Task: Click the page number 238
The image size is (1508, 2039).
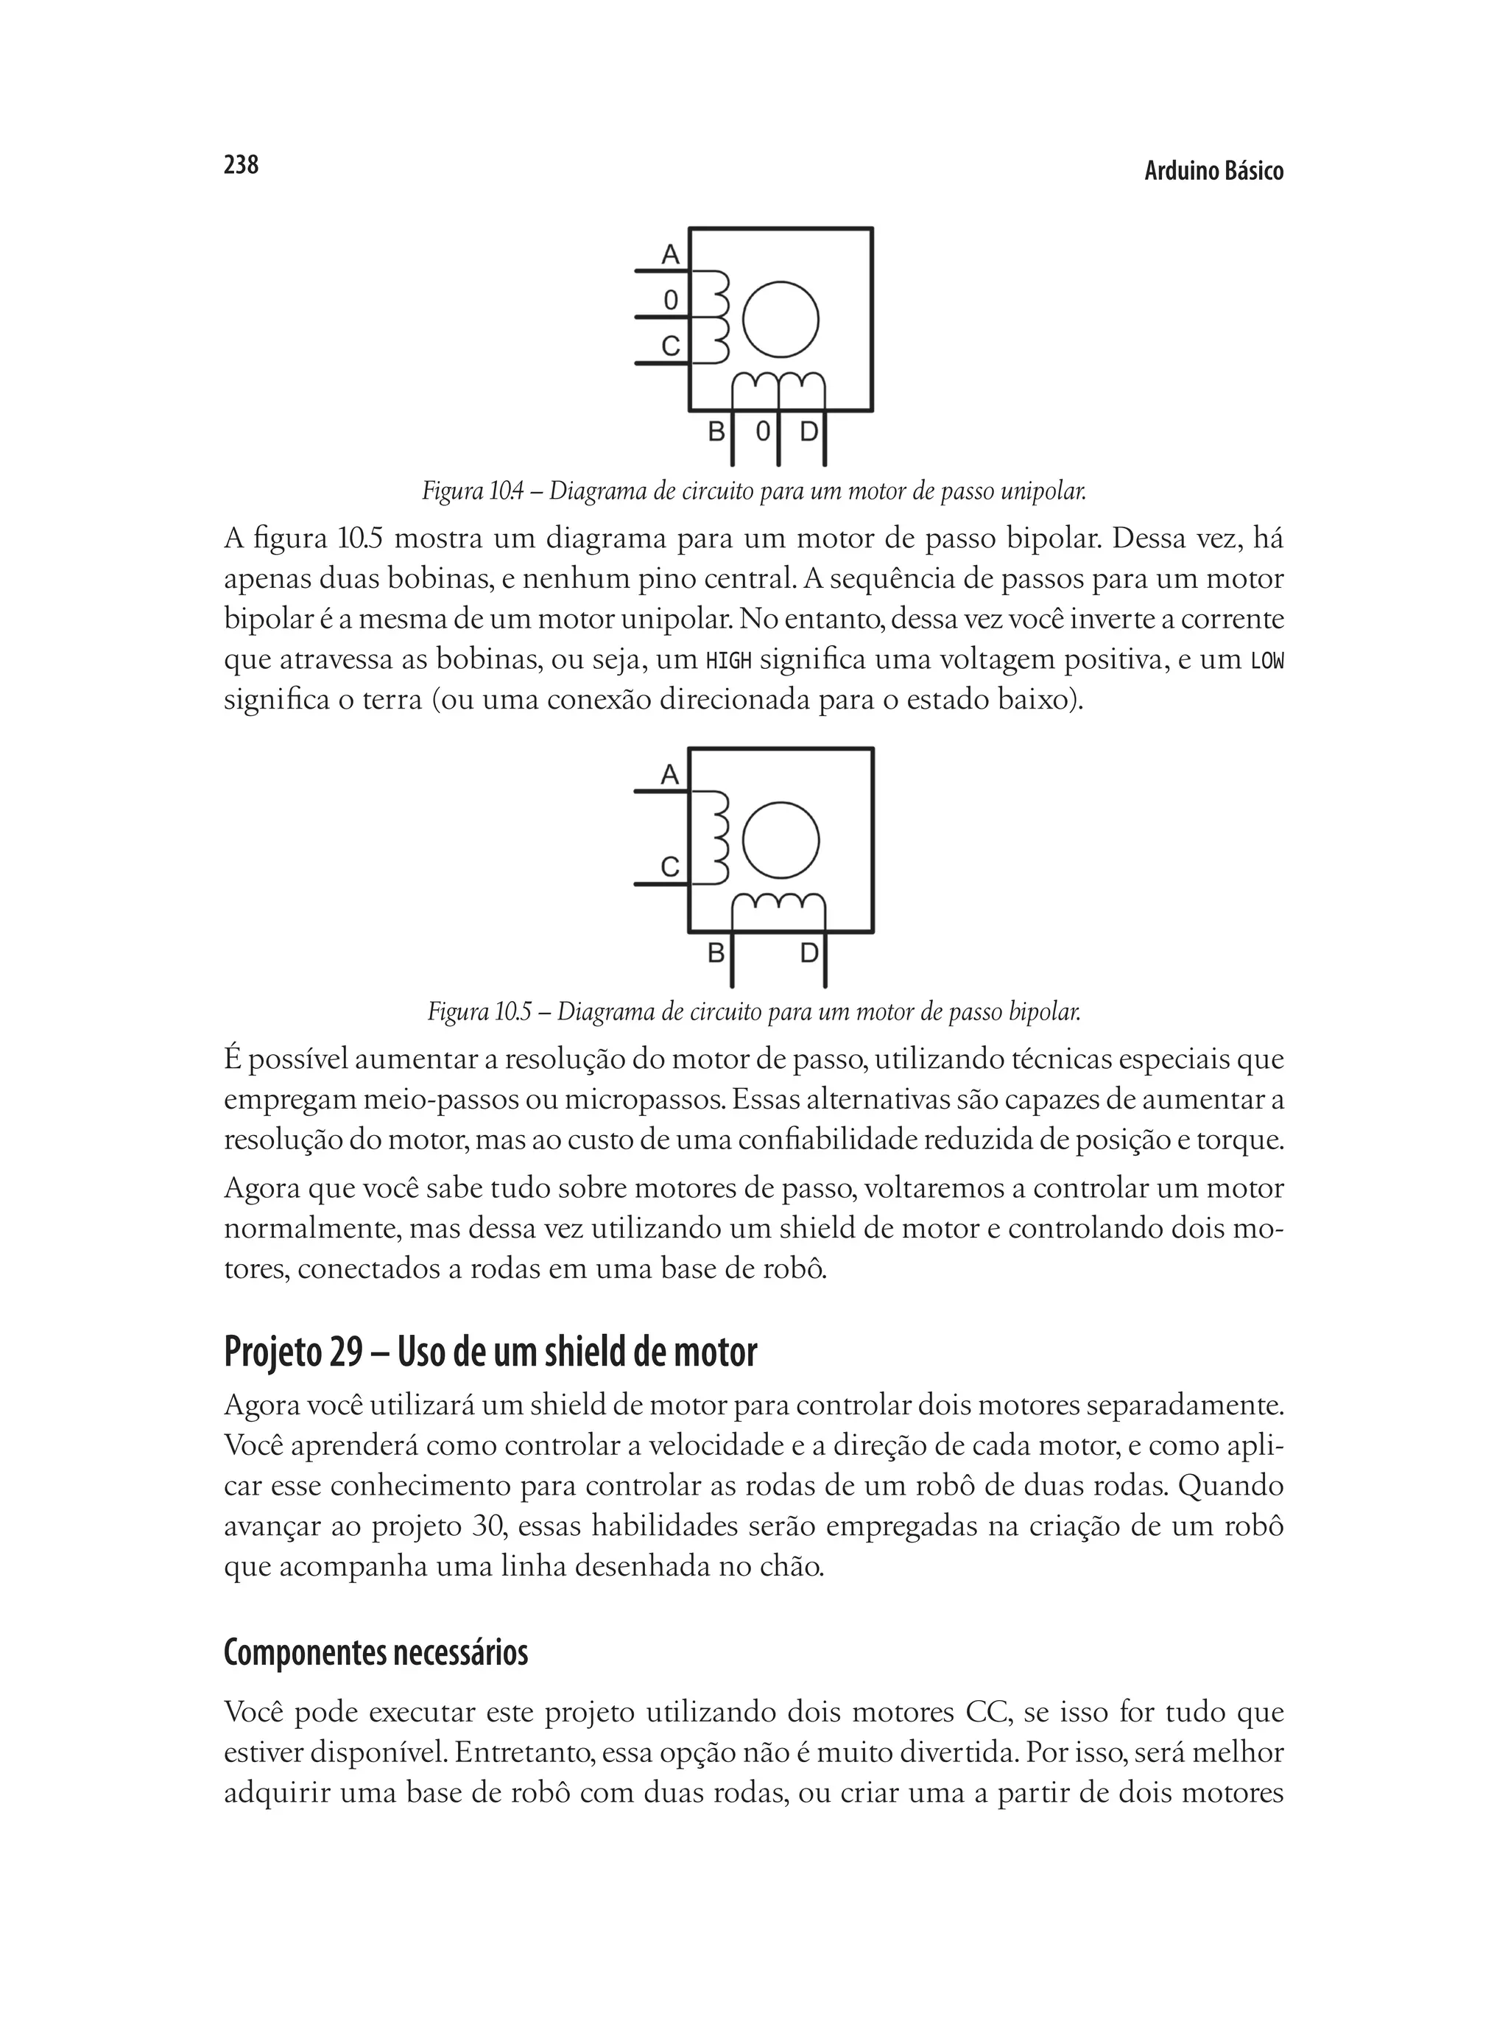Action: pyautogui.click(x=241, y=164)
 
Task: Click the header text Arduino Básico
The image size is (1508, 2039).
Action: pyautogui.click(x=1213, y=171)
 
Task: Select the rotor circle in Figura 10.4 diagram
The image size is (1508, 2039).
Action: pyautogui.click(x=781, y=319)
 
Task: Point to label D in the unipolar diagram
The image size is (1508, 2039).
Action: pyautogui.click(x=808, y=431)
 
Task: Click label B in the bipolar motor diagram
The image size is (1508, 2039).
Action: pyautogui.click(x=716, y=953)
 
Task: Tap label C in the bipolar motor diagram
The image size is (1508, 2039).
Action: pyautogui.click(x=670, y=866)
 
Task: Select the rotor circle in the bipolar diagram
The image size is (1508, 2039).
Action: pyautogui.click(x=781, y=840)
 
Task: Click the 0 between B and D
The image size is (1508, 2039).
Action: pyautogui.click(x=763, y=431)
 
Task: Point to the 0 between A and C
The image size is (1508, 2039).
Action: pyautogui.click(x=671, y=300)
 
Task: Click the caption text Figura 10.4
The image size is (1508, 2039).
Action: pyautogui.click(x=473, y=491)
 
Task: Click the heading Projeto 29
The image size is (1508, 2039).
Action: pyautogui.click(x=293, y=1352)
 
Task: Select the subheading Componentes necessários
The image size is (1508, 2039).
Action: pyautogui.click(x=376, y=1653)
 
